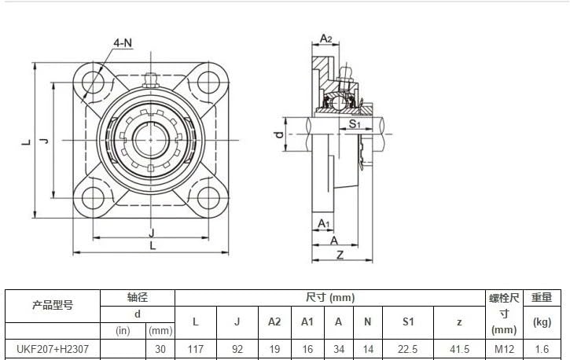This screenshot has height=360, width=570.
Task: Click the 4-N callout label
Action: (122, 42)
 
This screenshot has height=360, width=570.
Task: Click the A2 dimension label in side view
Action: (326, 39)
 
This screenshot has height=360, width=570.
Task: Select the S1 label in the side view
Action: (354, 124)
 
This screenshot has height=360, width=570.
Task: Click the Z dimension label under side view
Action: (340, 254)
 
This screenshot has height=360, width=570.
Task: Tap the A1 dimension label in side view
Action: (323, 224)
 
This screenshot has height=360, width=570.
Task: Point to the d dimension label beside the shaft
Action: (278, 135)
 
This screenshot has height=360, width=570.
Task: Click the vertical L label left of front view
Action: (25, 141)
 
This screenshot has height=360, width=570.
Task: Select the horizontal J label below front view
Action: (151, 232)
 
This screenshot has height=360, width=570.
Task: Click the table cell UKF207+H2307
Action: (53, 349)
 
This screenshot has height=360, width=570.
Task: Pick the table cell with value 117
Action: (195, 349)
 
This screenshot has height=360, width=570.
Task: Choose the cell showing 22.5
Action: (407, 349)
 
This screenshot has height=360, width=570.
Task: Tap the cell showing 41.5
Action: (459, 349)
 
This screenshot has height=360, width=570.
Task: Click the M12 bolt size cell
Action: (504, 349)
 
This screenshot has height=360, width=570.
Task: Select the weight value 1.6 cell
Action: (542, 349)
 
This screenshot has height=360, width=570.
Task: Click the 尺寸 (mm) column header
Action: (330, 297)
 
